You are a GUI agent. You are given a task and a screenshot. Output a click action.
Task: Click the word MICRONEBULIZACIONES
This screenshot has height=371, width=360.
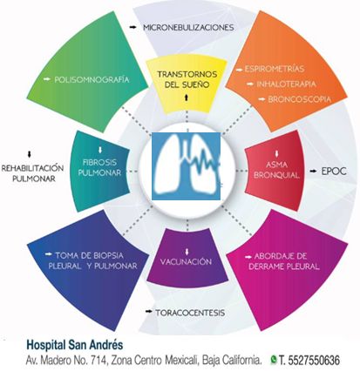(188, 28)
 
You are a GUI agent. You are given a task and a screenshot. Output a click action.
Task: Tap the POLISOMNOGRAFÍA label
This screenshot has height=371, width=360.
(92, 79)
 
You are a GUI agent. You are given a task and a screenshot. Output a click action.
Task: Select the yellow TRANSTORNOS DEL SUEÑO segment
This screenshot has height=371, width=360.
(187, 85)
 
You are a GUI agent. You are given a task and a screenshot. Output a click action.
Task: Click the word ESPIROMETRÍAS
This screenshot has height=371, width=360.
(275, 69)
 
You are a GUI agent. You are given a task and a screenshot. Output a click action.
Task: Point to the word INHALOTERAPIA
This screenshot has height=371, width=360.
(286, 84)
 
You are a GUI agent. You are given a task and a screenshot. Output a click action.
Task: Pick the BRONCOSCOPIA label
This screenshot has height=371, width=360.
(300, 99)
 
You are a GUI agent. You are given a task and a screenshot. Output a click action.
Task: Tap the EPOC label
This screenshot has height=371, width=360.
(334, 171)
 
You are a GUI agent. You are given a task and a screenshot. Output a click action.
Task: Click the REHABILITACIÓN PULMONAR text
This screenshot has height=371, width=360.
(33, 173)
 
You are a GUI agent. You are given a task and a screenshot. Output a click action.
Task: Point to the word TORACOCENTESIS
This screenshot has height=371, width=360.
(190, 313)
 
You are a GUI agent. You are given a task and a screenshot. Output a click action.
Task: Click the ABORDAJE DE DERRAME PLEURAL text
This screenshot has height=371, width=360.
(283, 261)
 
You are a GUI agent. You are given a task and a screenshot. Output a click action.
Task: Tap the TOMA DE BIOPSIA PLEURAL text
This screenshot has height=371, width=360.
(92, 260)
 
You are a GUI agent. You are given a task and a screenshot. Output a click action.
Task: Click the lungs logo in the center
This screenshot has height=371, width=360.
(187, 166)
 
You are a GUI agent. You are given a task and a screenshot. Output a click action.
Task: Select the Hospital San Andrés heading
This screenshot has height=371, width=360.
(75, 345)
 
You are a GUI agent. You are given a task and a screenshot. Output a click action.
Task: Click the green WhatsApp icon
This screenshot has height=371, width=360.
(274, 360)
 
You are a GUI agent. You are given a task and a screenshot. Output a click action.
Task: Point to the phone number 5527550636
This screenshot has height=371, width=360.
(313, 361)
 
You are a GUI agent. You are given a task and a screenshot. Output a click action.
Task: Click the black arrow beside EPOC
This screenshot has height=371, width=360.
(313, 172)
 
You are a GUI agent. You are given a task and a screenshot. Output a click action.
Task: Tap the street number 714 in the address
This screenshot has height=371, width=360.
(98, 361)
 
